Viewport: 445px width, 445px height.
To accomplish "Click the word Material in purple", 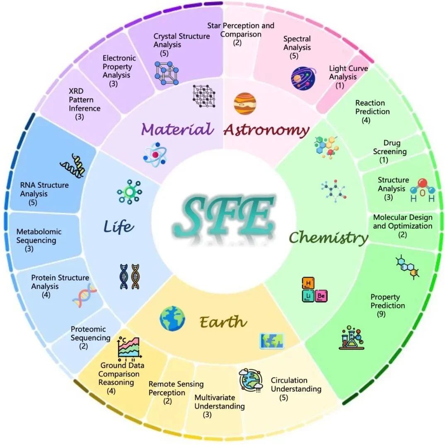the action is coord(177,129).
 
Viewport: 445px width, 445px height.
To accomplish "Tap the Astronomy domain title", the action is coord(266,130).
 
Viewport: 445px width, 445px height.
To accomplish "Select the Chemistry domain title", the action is coord(329,237).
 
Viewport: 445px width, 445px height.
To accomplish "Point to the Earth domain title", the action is coord(223,322).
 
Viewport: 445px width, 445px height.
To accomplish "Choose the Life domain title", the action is coord(119,226).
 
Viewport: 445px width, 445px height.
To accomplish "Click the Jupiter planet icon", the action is coord(245,104).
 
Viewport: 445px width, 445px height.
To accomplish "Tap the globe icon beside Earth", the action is coord(172,319).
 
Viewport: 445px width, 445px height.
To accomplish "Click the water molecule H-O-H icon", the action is coord(423,190).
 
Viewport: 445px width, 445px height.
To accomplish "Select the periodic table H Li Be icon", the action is coord(314,290).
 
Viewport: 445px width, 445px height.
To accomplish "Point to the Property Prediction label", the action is coord(388,301).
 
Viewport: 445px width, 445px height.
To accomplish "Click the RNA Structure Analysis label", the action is coord(44,189).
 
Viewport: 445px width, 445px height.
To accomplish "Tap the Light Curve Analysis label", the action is coord(348,73).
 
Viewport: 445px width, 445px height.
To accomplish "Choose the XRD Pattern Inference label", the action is coord(85,99).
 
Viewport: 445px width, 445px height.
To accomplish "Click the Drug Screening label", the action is coord(390,147).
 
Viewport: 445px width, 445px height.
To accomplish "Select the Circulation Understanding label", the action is coord(296,384).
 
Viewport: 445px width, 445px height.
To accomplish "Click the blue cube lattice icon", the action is coord(167,73).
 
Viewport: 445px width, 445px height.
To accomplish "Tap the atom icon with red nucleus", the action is coord(155,155).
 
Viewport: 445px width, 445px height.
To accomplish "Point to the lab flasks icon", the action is coord(352,337).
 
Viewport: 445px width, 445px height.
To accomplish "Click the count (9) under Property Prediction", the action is coord(381,314).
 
